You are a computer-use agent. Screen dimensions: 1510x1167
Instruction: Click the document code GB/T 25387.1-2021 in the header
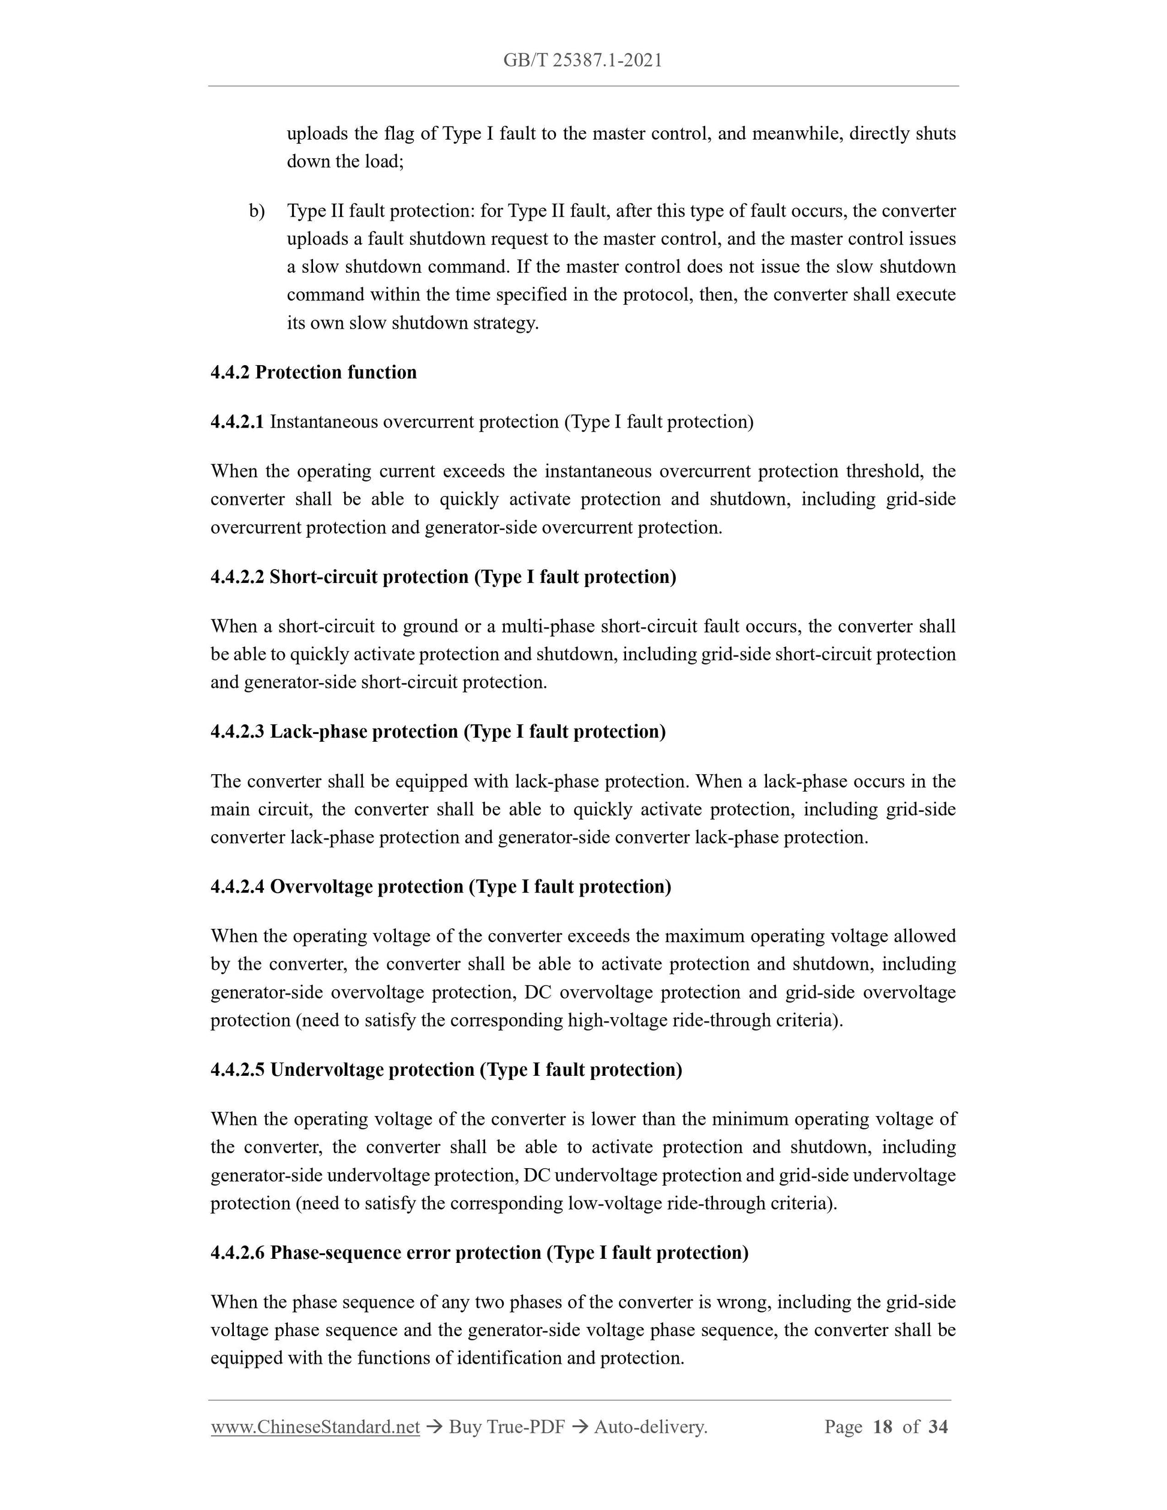click(583, 61)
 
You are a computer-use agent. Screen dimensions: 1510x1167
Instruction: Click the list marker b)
click(257, 211)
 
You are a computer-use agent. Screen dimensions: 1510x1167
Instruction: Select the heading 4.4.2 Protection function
click(314, 372)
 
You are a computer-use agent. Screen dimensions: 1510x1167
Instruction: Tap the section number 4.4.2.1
click(237, 422)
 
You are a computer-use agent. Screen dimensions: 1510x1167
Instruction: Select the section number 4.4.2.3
click(237, 732)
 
